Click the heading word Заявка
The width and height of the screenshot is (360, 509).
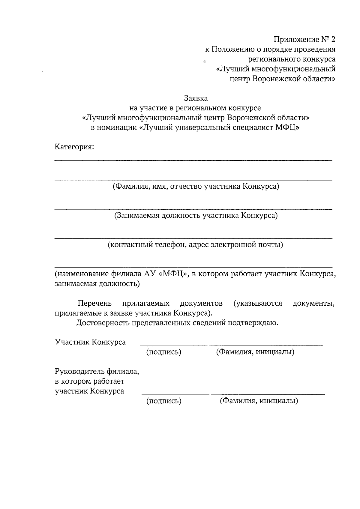pos(196,98)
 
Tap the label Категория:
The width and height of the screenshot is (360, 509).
pos(74,147)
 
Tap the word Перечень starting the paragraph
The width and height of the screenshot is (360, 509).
pos(94,303)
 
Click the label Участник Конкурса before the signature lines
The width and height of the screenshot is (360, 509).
pos(90,342)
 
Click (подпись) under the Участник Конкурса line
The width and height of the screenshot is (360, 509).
pos(163,352)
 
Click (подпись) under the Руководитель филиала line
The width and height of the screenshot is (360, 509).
pos(163,401)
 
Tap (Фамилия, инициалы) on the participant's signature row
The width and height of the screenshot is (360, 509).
pos(255,352)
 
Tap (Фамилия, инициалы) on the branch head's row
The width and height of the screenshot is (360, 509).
pos(259,401)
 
